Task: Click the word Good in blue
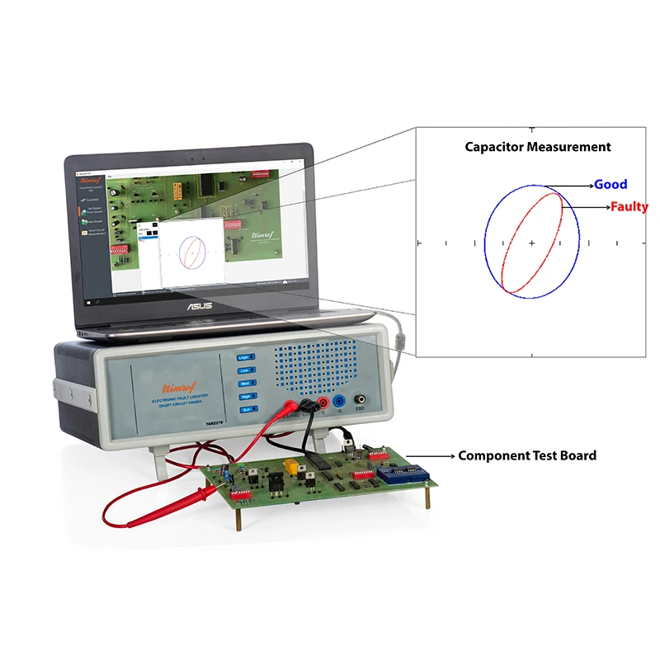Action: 610,184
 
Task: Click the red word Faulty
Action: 629,206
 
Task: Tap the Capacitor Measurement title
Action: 537,147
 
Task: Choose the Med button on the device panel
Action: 244,384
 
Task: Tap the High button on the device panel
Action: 244,396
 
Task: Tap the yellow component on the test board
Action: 290,466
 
